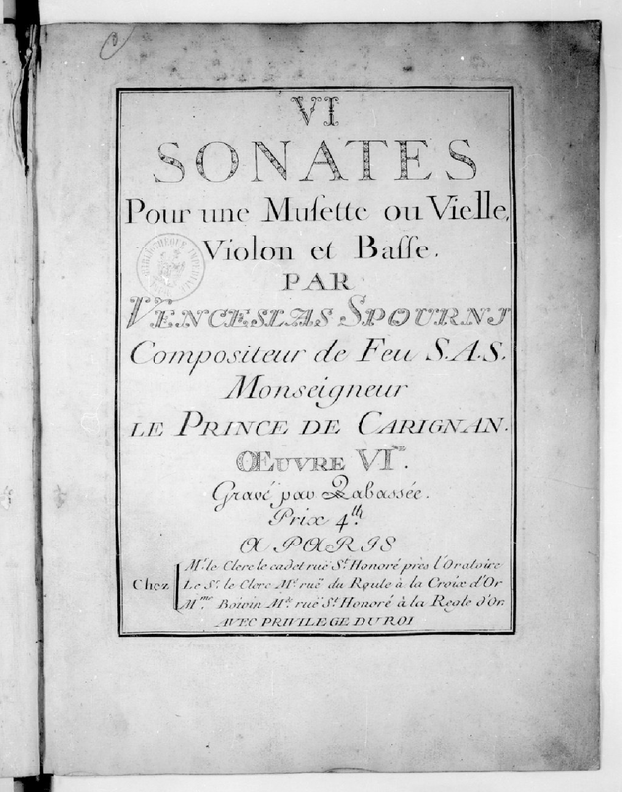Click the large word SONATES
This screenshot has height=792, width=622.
pyautogui.click(x=316, y=159)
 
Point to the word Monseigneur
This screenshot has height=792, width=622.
pyautogui.click(x=314, y=390)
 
